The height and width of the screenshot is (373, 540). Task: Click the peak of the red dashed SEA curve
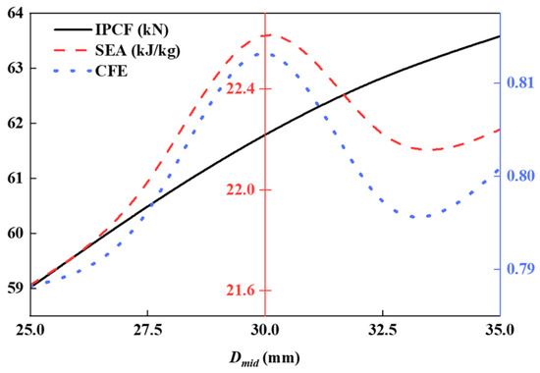click(269, 35)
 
